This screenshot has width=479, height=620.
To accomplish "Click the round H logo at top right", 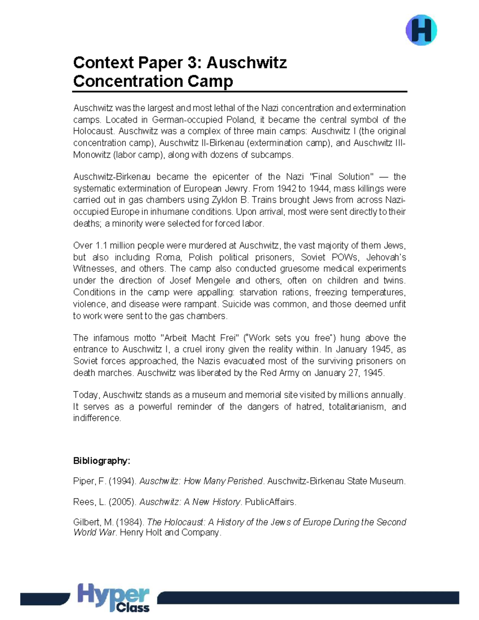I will (x=421, y=30).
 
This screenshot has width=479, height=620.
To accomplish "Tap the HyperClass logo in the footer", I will (x=114, y=597).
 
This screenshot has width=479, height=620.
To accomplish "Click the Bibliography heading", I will (x=101, y=461).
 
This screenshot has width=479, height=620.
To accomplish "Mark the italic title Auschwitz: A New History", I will (x=190, y=502).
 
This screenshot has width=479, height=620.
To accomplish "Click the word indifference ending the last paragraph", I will (x=97, y=418).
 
